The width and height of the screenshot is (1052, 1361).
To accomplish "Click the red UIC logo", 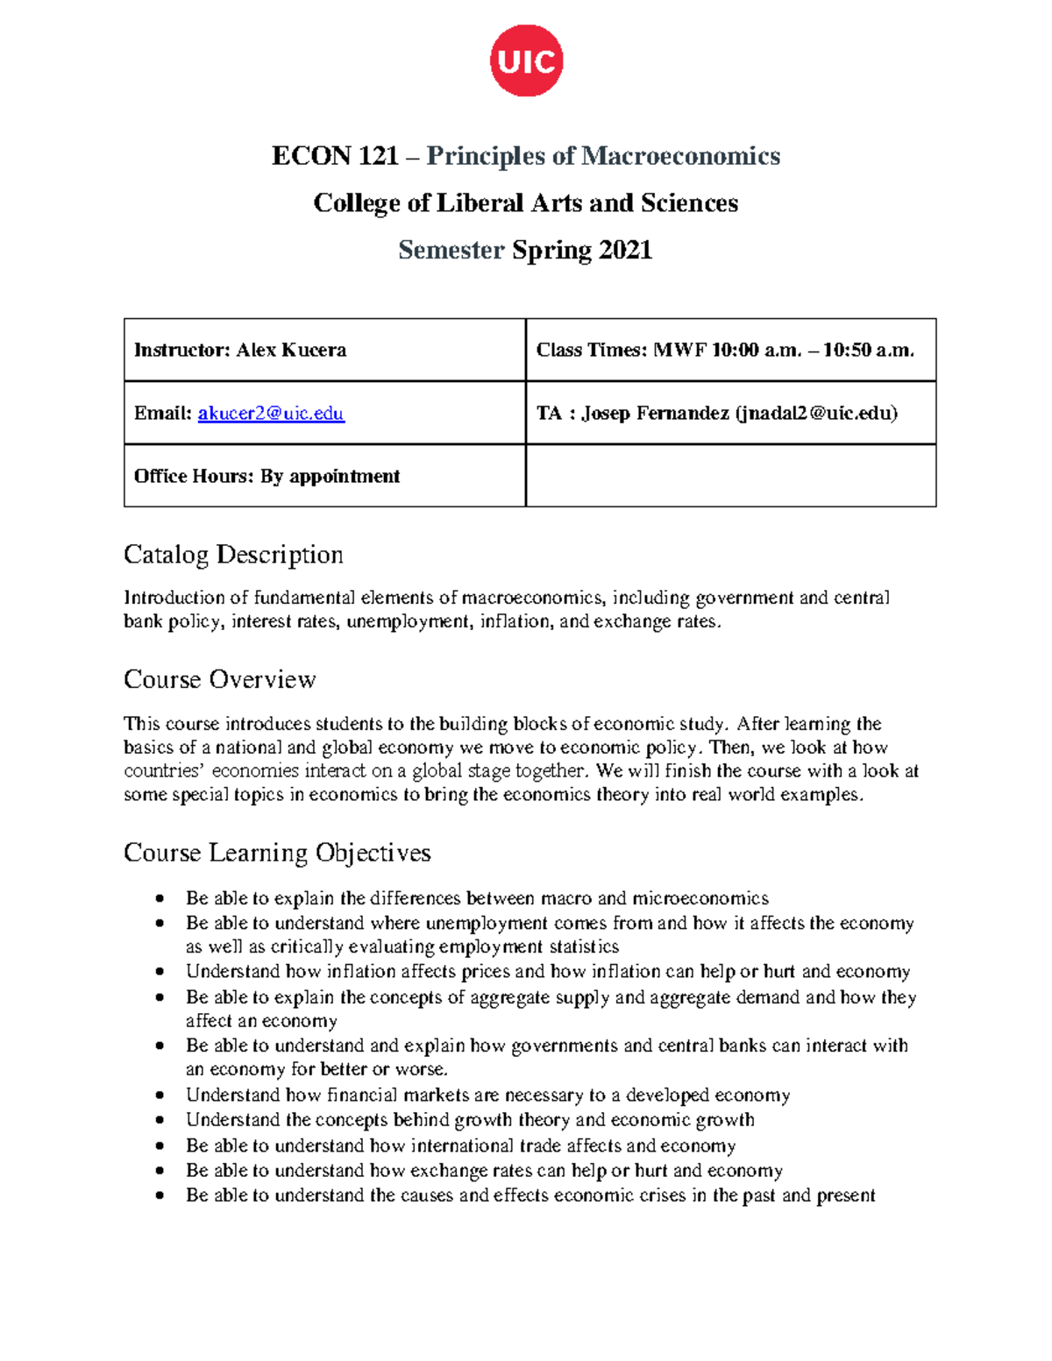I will pos(526,60).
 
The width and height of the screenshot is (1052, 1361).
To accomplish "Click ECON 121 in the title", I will pos(335,156).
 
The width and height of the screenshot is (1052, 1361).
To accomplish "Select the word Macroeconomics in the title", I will pos(680,156).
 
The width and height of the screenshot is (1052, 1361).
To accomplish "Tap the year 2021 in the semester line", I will pos(626,251).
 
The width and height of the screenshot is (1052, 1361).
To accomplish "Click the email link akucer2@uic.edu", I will pos(271,413).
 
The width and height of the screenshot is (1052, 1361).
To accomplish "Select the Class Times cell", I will pos(730,350).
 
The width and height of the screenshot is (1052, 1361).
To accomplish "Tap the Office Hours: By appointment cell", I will pos(324,476).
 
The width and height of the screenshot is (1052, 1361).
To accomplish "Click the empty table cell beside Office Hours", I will pos(730,476).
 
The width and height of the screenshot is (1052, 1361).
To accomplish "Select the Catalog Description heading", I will pos(233,555).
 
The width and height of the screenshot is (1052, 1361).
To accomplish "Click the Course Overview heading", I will pos(219,679).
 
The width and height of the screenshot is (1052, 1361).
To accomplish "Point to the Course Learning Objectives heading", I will pos(277,853).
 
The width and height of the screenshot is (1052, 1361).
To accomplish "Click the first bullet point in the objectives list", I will pos(160,898).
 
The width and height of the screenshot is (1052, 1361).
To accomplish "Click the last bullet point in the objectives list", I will pos(160,1195).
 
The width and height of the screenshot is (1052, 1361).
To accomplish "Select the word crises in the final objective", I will pos(657,1195).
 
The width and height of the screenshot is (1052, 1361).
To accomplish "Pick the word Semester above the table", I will pos(451,251).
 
